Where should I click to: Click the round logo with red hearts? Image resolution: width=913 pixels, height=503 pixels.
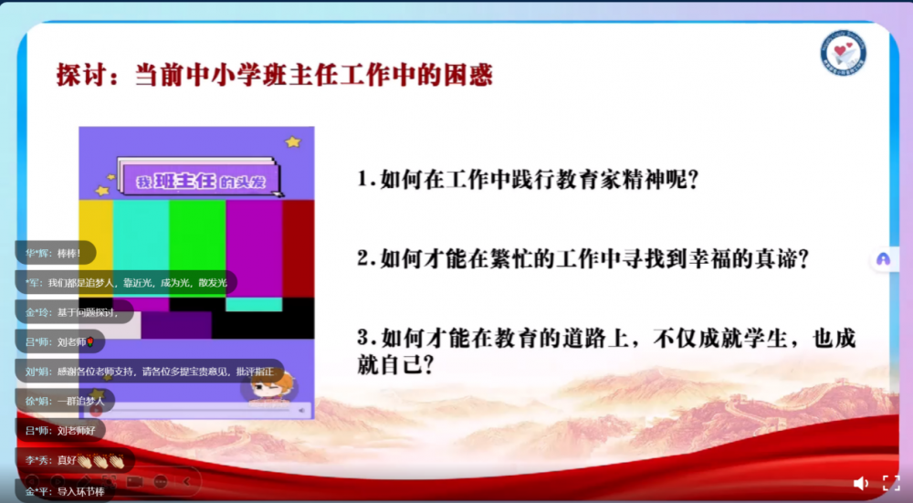[x=843, y=53]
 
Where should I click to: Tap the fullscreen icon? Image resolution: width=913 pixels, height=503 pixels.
[x=890, y=483]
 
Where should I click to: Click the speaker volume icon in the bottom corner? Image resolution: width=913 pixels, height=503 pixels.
[x=860, y=483]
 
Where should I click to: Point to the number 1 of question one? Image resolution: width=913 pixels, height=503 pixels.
[x=363, y=180]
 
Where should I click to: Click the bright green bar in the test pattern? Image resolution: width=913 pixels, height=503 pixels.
[x=197, y=246]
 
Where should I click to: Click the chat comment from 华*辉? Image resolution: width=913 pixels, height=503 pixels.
[x=54, y=253]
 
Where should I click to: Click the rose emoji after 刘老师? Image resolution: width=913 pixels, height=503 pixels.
[x=90, y=342]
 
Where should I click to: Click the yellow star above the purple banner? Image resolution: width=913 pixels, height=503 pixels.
[x=292, y=142]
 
